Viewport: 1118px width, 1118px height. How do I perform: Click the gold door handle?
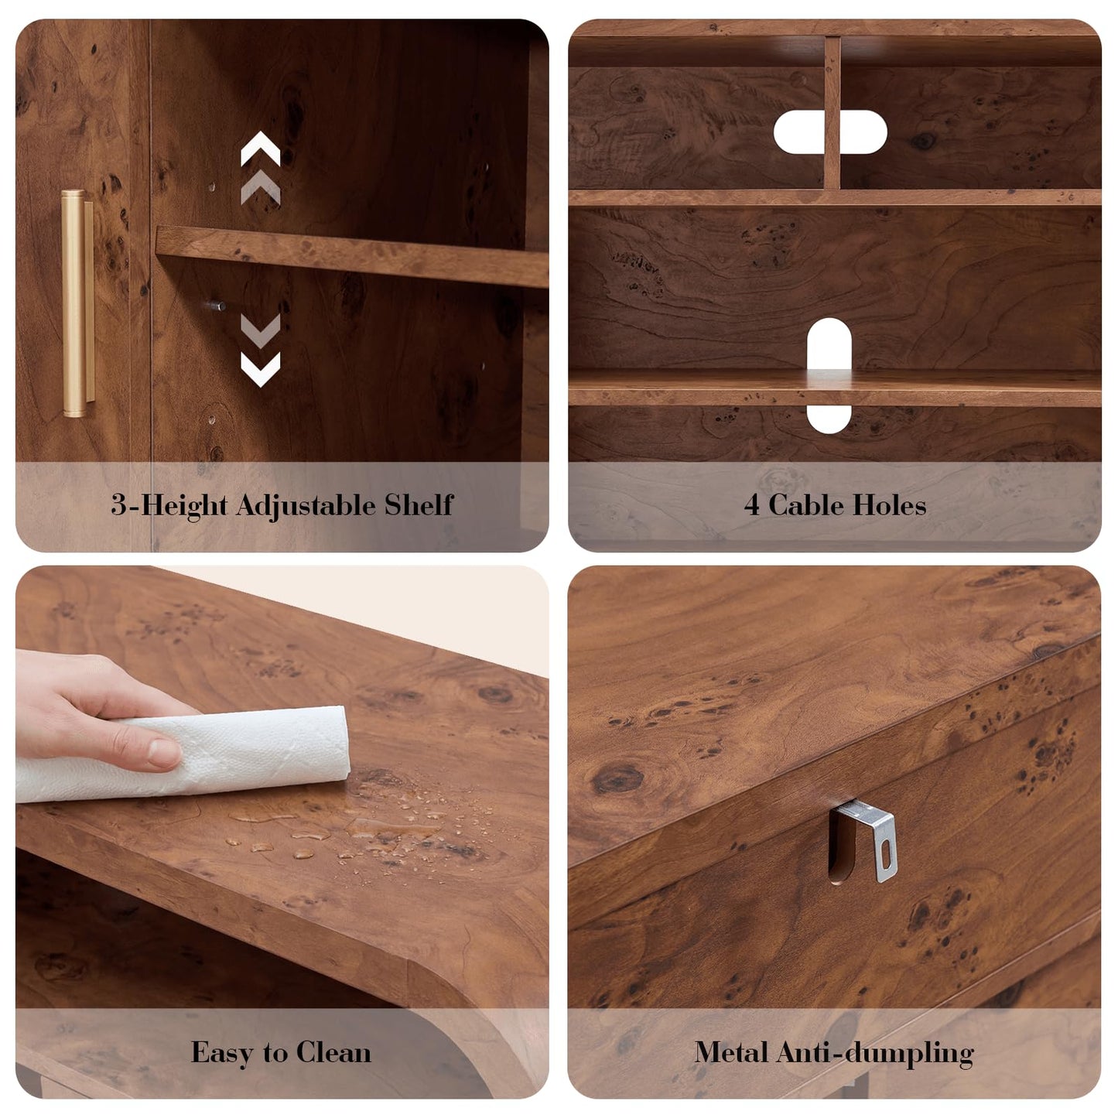tap(77, 303)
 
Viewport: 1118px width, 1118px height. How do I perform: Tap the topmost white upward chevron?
tap(261, 149)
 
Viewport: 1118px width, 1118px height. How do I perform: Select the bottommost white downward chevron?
tap(261, 369)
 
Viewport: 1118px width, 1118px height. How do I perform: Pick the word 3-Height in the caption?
tap(169, 505)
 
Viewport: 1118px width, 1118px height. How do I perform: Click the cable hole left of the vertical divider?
tap(799, 132)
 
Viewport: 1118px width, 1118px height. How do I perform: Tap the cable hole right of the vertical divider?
tap(863, 132)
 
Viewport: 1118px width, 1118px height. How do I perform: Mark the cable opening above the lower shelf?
tap(829, 344)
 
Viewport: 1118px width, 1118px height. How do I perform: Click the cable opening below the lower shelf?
tap(829, 419)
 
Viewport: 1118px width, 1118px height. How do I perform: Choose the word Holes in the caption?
tap(887, 505)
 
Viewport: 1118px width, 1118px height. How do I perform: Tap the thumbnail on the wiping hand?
tap(165, 752)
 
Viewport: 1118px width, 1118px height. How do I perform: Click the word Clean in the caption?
tap(333, 1052)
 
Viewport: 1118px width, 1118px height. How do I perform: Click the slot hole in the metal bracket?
tap(886, 850)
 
